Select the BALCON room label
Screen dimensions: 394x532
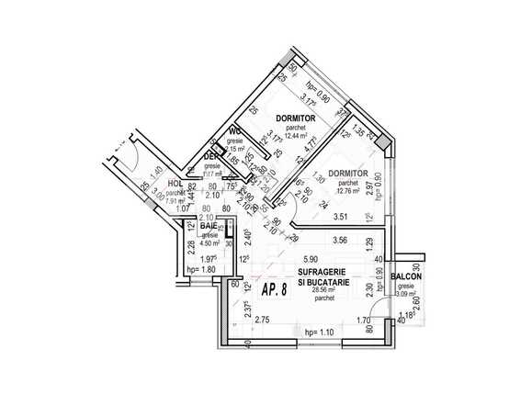(406, 276)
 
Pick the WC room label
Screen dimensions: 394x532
(235, 129)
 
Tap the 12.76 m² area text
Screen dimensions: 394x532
(348, 191)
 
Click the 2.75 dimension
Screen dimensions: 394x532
(262, 319)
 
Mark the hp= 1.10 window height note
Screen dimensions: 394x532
(316, 332)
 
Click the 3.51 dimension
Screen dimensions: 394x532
(340, 218)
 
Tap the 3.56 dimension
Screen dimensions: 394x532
(340, 240)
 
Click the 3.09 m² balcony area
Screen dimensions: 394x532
(405, 294)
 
